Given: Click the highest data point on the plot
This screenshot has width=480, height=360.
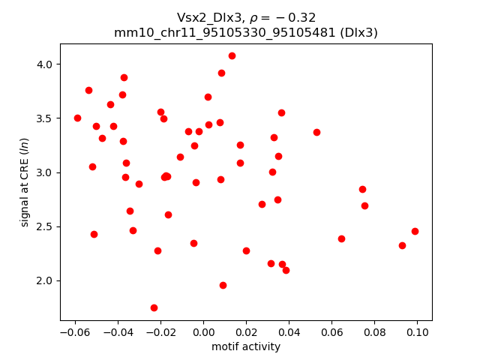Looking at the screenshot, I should click(x=232, y=55).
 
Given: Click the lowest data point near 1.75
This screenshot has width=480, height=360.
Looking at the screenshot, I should click(x=154, y=307).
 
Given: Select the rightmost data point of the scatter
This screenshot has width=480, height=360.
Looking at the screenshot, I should click(x=415, y=231).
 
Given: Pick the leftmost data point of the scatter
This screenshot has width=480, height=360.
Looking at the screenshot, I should click(x=77, y=118).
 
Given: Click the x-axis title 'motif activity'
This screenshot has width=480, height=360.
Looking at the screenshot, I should click(x=246, y=346).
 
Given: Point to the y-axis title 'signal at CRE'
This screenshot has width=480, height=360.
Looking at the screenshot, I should click(x=25, y=182).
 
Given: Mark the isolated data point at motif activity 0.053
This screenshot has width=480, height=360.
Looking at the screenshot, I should click(x=316, y=132).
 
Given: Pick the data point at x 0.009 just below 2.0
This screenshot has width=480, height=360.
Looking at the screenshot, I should click(x=223, y=285).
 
